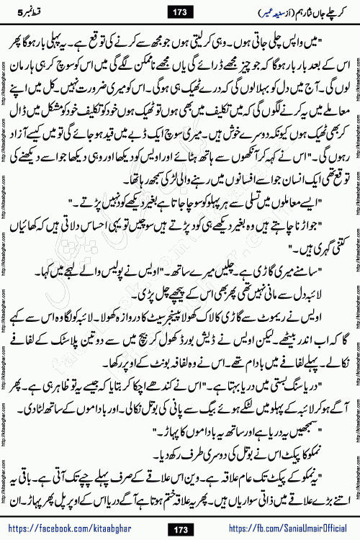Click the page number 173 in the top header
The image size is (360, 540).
(180, 12)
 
